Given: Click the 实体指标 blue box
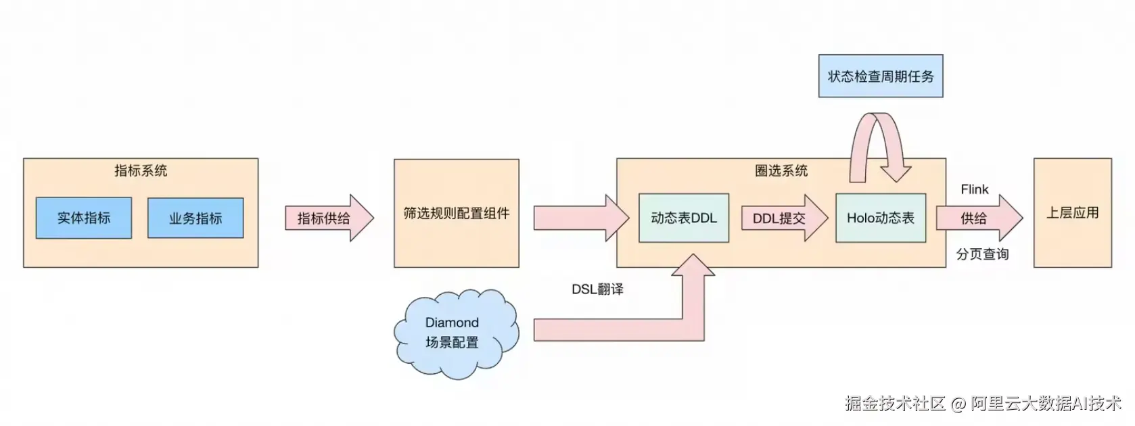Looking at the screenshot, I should pos(84,218).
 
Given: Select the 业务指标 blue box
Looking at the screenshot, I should pos(195,218).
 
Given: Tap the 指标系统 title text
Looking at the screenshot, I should pos(141,171).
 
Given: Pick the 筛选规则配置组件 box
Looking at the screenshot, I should pos(457,213).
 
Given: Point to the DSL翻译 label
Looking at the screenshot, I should pos(597,289).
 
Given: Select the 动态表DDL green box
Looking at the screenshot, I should pos(683,218).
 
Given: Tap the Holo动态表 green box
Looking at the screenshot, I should pos(881,218).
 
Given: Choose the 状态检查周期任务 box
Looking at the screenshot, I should pos(881,76).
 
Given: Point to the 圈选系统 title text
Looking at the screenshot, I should pos(781,171).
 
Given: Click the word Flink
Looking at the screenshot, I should pos(974,190).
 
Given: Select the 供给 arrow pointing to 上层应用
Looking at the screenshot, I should pos(978,218).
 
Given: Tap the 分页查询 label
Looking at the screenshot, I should pos(982,254).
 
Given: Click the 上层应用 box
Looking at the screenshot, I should pos(1072,213).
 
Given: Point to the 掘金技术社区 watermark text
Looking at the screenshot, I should pos(894,404).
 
